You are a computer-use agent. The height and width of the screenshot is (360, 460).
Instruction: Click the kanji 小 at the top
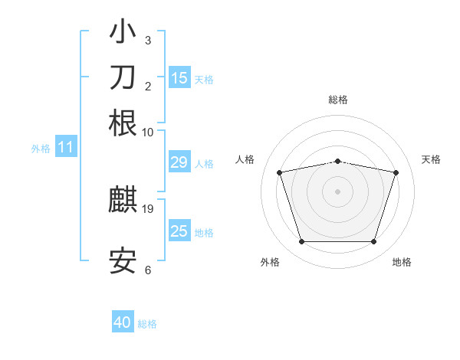pos(123,33)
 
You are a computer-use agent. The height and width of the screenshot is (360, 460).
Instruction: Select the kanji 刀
pos(123,78)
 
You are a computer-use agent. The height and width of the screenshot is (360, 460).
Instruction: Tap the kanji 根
pos(123,123)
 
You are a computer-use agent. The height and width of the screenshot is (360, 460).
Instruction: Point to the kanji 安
pos(123,261)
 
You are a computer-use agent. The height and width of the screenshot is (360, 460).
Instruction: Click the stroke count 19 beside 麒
pos(149,208)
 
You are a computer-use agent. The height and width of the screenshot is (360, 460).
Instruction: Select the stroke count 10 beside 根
pos(148,131)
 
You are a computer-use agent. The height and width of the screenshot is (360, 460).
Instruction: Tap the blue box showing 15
pos(179,77)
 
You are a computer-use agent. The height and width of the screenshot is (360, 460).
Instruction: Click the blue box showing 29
pos(179,162)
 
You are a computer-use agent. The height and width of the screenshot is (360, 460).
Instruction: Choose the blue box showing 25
pos(179,231)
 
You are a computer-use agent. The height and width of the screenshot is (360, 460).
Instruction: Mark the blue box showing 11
pos(66,148)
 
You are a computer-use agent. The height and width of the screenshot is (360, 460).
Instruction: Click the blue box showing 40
pos(123,322)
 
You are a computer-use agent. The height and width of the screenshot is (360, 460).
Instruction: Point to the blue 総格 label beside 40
pos(147,324)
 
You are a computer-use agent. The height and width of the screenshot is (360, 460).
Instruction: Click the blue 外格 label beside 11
pos(41,149)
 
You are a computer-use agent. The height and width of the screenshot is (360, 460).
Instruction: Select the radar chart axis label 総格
pos(338,100)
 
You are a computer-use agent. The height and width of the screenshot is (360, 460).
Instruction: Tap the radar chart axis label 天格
pos(431,159)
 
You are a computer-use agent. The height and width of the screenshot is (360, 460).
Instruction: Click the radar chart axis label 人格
pos(245,159)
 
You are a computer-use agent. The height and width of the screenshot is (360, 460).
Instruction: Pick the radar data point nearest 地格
pos(373,242)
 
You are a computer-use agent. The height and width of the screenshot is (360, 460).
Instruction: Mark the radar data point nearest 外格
pos(301,242)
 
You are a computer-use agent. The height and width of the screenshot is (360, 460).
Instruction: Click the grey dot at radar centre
pos(337,191)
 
